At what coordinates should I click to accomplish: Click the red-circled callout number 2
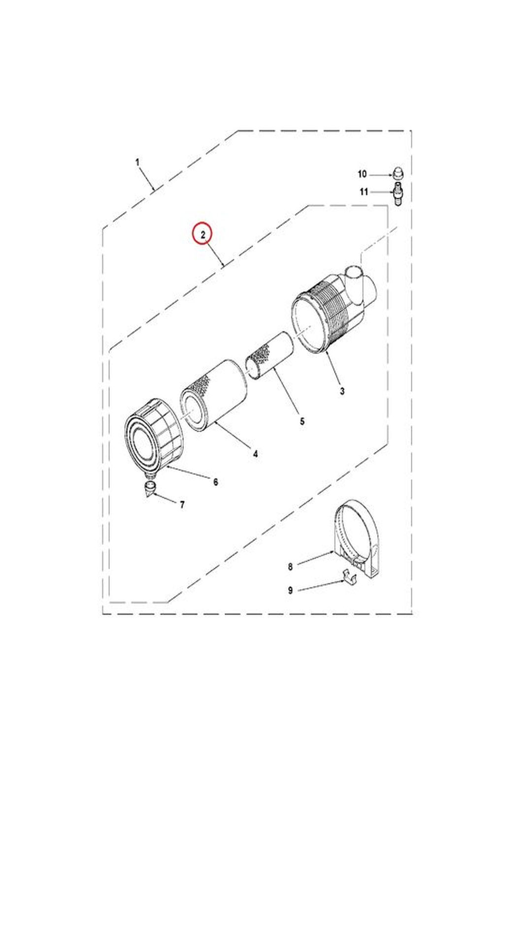pos(202,235)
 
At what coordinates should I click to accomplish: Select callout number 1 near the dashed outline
pos(137,162)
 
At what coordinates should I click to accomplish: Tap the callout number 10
pos(362,174)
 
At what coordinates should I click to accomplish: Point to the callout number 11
pos(364,192)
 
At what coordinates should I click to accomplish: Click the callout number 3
pos(342,391)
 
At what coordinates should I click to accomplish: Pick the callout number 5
pos(302,421)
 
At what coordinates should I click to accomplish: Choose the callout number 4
pos(255,454)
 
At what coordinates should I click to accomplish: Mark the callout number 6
pos(215,482)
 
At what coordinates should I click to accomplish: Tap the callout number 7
pos(182,504)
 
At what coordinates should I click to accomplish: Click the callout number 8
pos(290,567)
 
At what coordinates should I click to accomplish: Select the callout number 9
pos(290,590)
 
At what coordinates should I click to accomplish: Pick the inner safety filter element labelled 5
pos(270,355)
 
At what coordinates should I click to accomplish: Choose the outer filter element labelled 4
pos(213,395)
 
